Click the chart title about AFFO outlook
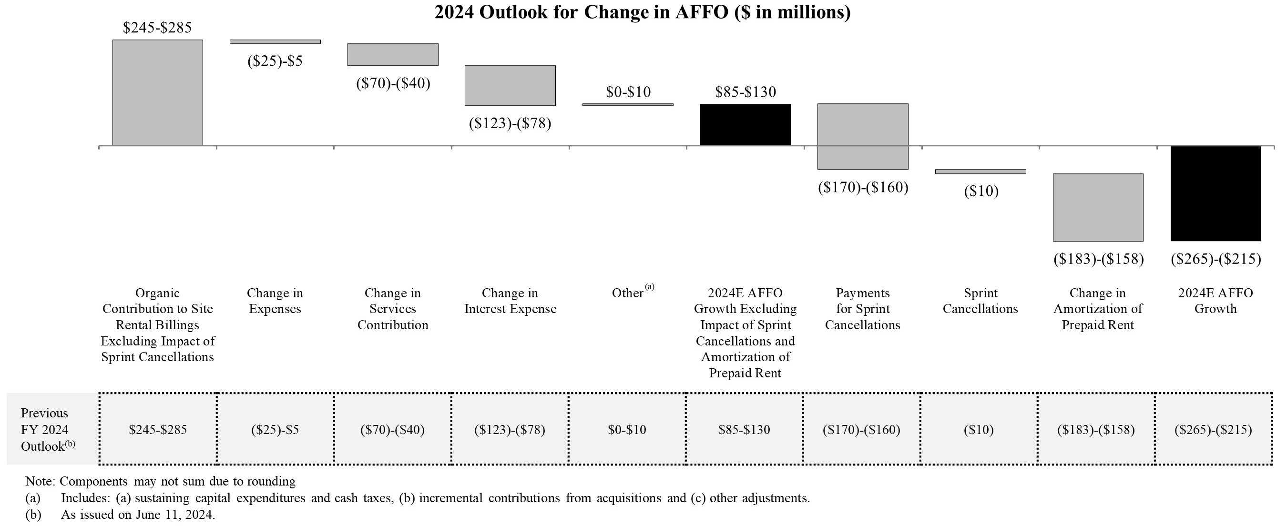tap(642, 12)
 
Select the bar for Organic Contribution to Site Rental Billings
tap(157, 92)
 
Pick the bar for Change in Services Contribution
tap(393, 54)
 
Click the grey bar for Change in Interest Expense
tap(510, 85)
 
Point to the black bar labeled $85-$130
tap(745, 124)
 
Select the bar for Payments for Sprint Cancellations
tap(863, 136)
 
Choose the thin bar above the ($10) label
tap(980, 172)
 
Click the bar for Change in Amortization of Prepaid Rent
tap(1098, 207)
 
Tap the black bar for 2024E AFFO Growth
tap(1215, 193)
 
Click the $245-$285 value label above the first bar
tap(157, 28)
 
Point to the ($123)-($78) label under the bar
tap(510, 123)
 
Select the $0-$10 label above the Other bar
tap(628, 92)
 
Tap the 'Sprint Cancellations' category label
tap(980, 301)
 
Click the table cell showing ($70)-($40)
tap(393, 430)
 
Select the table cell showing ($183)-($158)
tap(1096, 430)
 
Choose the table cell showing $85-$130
tap(745, 430)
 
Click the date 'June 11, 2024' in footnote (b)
tap(175, 515)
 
